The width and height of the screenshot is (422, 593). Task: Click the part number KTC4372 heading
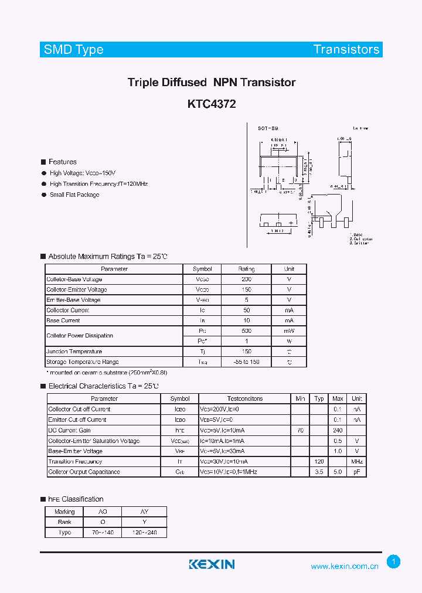212,104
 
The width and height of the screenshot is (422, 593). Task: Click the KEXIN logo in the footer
212,564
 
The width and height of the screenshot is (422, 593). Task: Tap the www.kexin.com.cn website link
345,567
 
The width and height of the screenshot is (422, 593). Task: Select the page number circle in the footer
394,561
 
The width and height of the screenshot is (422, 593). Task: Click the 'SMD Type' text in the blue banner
74,50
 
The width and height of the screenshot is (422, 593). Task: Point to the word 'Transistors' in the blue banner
346,50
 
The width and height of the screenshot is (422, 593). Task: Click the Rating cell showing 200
246,280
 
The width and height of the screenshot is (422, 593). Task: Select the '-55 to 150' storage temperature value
246,362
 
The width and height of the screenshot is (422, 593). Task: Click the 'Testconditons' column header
244,398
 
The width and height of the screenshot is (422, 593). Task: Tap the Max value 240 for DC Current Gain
338,430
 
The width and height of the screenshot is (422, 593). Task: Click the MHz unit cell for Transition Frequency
357,462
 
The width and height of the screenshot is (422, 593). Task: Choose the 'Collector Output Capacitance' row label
84,472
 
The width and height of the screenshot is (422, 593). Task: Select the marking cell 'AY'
144,512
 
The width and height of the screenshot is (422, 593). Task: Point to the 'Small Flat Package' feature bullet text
74,195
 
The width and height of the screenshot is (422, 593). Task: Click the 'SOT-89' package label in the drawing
268,128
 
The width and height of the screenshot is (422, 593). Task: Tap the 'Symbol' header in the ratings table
202,269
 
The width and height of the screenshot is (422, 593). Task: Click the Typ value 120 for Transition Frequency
319,462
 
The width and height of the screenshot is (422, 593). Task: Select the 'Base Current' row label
63,321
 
